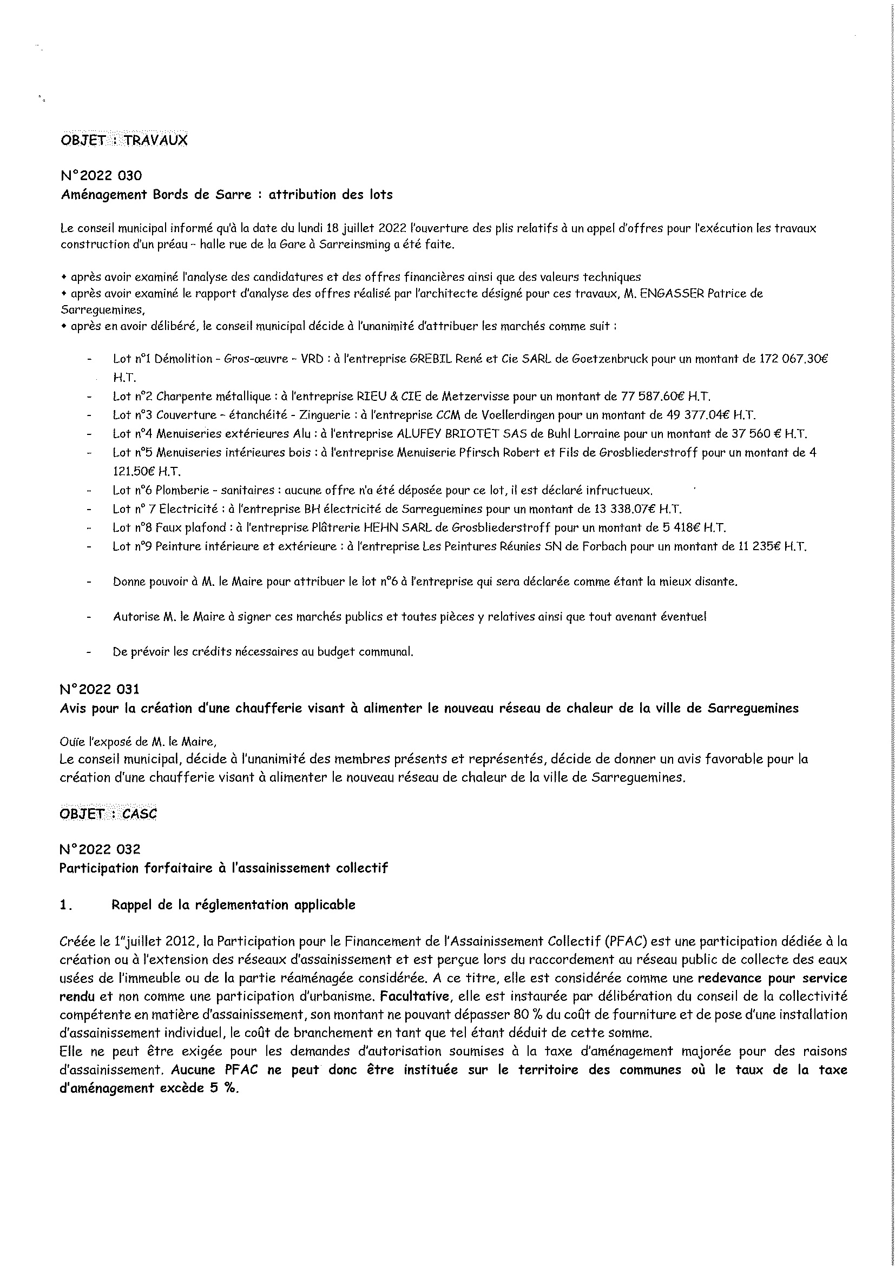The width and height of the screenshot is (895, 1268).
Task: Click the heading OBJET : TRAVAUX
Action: coord(124,140)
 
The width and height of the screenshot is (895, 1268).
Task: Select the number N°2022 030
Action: coord(101,176)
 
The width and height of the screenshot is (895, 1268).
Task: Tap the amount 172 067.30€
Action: coord(794,359)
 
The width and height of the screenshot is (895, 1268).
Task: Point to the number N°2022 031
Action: coord(100,689)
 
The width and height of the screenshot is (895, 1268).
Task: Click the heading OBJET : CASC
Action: coord(108,814)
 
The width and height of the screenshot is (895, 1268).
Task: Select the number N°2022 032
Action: coord(100,849)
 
